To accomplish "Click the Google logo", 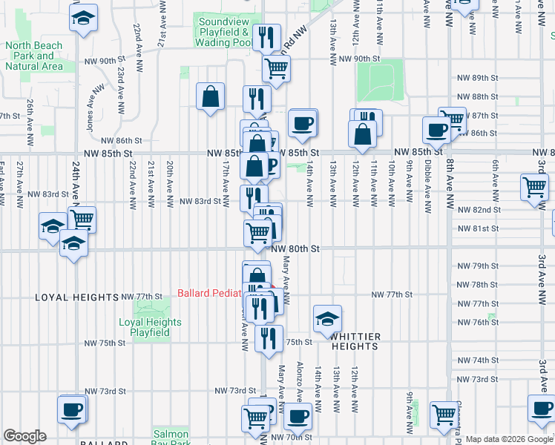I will point(24,436).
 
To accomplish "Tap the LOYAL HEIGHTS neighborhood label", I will point(77,297).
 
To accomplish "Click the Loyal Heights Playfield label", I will point(151,327).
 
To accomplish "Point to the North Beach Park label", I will point(33,56).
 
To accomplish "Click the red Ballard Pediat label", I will point(209,293).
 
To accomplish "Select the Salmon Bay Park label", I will point(172,438).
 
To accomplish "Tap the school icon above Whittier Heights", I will point(327,318).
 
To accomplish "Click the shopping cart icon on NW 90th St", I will point(276,67).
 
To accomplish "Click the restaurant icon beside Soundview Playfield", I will point(266,36).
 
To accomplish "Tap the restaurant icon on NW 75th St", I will point(269,337).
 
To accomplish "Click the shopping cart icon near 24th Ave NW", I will point(82,220).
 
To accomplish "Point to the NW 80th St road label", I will point(295,249).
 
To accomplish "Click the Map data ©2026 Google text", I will point(509,439).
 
